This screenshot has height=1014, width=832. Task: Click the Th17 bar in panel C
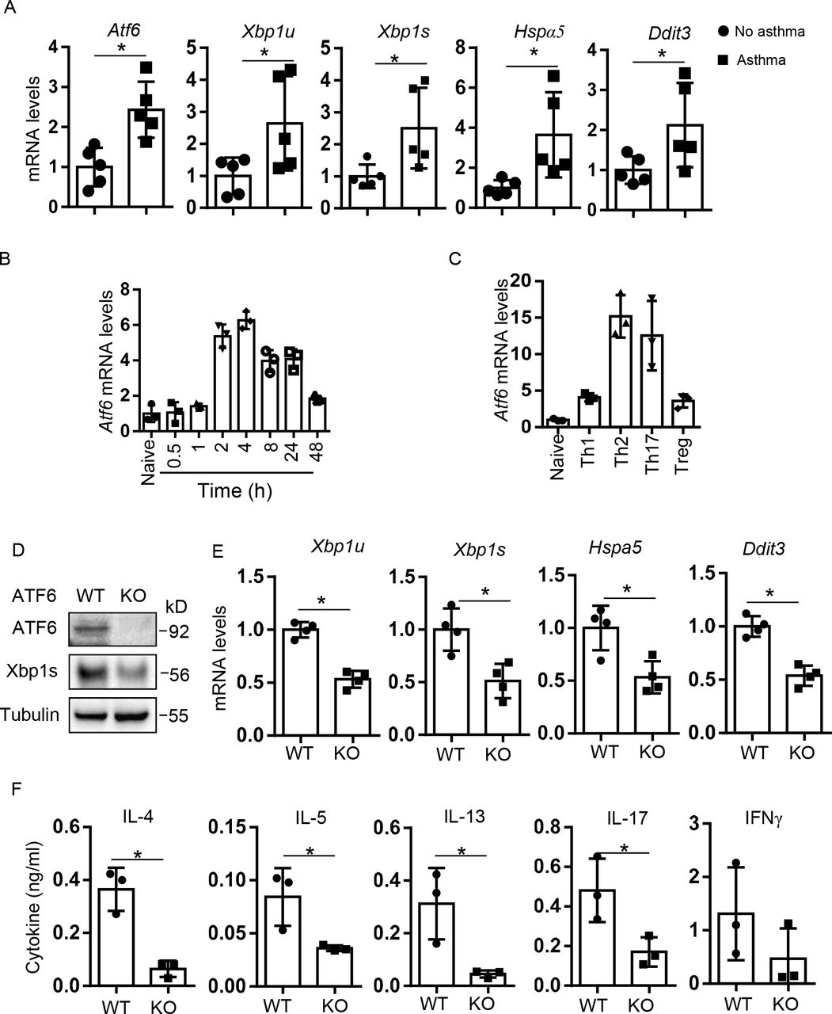click(652, 380)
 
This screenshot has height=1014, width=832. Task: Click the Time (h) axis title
click(235, 492)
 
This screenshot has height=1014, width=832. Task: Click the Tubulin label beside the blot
click(30, 714)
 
